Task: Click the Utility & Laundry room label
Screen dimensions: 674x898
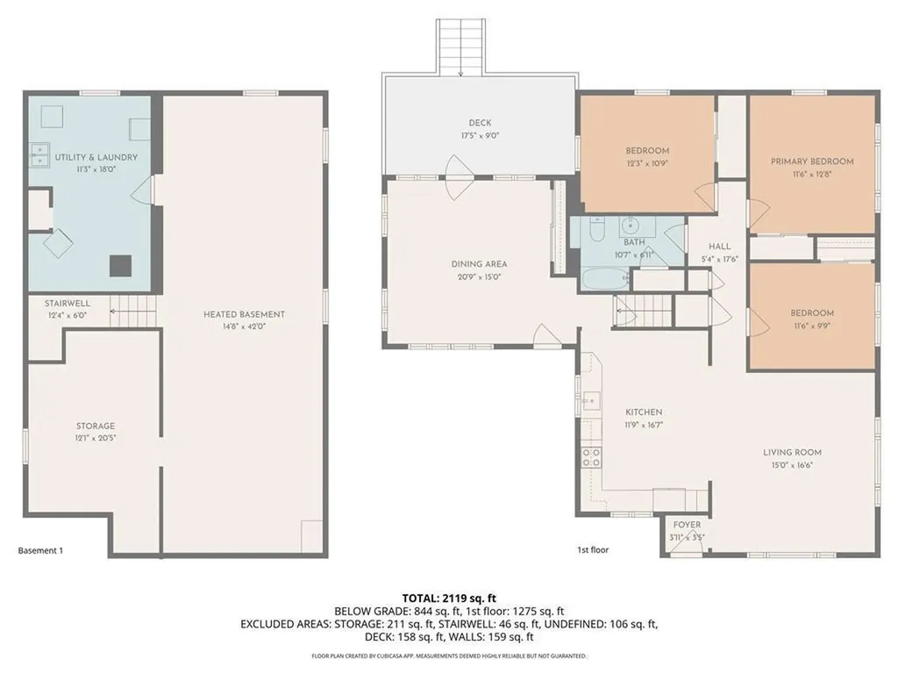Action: tap(96, 157)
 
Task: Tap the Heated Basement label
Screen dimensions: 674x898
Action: tap(244, 314)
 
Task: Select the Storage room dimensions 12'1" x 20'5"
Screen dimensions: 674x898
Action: tap(95, 437)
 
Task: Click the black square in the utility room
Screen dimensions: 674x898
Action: tap(120, 265)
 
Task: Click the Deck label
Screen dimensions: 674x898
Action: tap(480, 124)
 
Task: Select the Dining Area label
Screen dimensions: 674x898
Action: tap(479, 264)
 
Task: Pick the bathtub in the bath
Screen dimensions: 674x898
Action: tap(601, 278)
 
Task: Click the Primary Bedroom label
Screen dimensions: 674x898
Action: tap(812, 161)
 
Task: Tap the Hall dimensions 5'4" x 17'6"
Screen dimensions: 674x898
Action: tap(721, 260)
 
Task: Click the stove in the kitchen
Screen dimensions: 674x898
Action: tap(591, 456)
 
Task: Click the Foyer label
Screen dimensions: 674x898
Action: tap(687, 525)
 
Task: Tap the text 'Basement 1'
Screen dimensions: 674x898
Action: tap(40, 551)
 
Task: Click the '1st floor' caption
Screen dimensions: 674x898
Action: tap(593, 550)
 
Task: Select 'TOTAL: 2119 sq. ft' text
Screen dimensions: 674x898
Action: tap(449, 599)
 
